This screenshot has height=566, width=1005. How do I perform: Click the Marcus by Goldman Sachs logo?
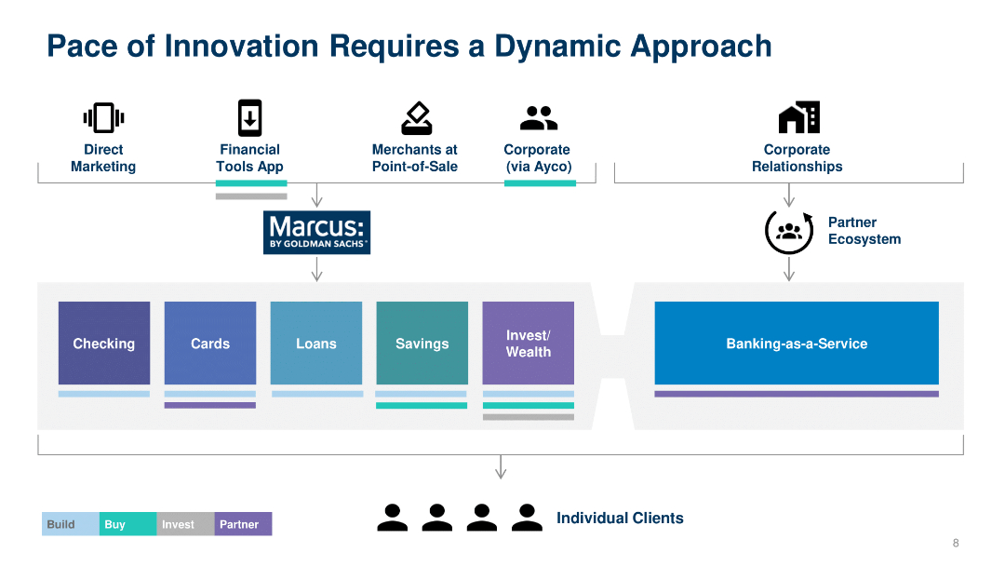tap(316, 233)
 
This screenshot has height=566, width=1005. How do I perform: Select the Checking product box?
tap(104, 344)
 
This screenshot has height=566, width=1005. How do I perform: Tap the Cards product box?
tap(210, 344)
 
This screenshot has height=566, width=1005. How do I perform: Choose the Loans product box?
tap(316, 344)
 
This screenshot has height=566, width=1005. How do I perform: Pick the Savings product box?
tap(422, 344)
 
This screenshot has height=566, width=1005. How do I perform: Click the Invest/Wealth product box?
tap(528, 344)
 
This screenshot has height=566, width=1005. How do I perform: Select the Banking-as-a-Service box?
tap(797, 344)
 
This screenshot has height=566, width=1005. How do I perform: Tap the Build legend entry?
tap(71, 524)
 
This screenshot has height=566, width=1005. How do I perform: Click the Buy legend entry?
tap(128, 524)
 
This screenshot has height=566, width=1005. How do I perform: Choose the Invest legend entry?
tap(186, 524)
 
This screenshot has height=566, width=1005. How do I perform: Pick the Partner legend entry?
tap(243, 524)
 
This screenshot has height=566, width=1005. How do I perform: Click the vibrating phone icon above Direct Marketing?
tap(103, 118)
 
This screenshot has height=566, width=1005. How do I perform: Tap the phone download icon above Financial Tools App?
tap(249, 118)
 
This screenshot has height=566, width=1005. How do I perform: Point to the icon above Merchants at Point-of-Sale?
tap(416, 118)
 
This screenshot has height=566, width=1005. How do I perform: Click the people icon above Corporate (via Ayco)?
tap(538, 118)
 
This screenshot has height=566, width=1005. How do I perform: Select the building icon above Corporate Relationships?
tap(798, 117)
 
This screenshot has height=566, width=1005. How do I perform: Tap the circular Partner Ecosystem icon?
tap(789, 232)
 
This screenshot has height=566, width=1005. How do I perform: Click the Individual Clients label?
tap(620, 518)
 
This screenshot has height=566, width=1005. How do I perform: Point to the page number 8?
tap(955, 544)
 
